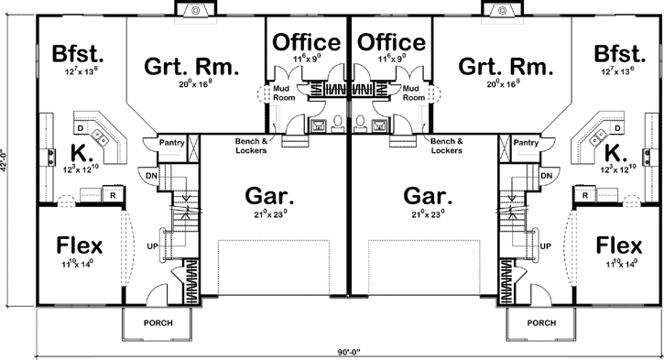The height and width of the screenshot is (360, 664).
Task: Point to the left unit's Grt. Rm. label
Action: [192, 67]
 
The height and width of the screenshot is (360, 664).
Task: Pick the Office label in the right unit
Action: [390, 42]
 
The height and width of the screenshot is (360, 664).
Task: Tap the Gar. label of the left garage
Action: [268, 196]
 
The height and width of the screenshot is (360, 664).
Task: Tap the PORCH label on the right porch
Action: [540, 323]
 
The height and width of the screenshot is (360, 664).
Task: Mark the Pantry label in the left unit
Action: [171, 144]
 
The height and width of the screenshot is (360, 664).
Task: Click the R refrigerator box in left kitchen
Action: [112, 195]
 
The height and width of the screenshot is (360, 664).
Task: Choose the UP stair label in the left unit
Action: [152, 246]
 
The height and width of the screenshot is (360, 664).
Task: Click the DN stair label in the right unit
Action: [546, 175]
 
